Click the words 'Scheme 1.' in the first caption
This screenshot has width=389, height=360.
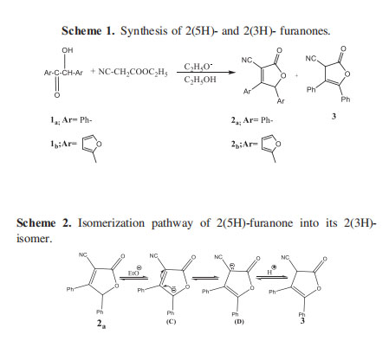(x=88, y=31)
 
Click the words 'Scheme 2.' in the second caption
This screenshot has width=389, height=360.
(x=44, y=223)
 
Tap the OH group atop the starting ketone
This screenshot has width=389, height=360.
(x=68, y=50)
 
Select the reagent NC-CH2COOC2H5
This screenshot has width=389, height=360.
(x=133, y=72)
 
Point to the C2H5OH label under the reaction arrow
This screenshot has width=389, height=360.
(x=200, y=80)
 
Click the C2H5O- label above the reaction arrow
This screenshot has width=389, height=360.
(x=198, y=67)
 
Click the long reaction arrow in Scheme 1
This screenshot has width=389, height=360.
(x=206, y=73)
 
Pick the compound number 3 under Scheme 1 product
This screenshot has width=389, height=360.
(x=334, y=117)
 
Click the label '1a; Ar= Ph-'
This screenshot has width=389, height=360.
(x=71, y=120)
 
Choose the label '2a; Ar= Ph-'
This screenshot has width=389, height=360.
(x=251, y=120)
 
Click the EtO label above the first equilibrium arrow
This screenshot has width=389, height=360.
(x=134, y=271)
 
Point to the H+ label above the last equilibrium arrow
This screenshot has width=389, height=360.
(x=271, y=270)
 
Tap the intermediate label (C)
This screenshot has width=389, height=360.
(x=171, y=322)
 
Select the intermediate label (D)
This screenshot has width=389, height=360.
(x=239, y=322)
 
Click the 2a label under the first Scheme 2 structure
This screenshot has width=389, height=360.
(x=100, y=324)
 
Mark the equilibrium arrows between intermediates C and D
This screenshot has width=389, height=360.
(x=205, y=278)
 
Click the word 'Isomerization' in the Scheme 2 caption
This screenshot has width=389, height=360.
(x=112, y=223)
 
